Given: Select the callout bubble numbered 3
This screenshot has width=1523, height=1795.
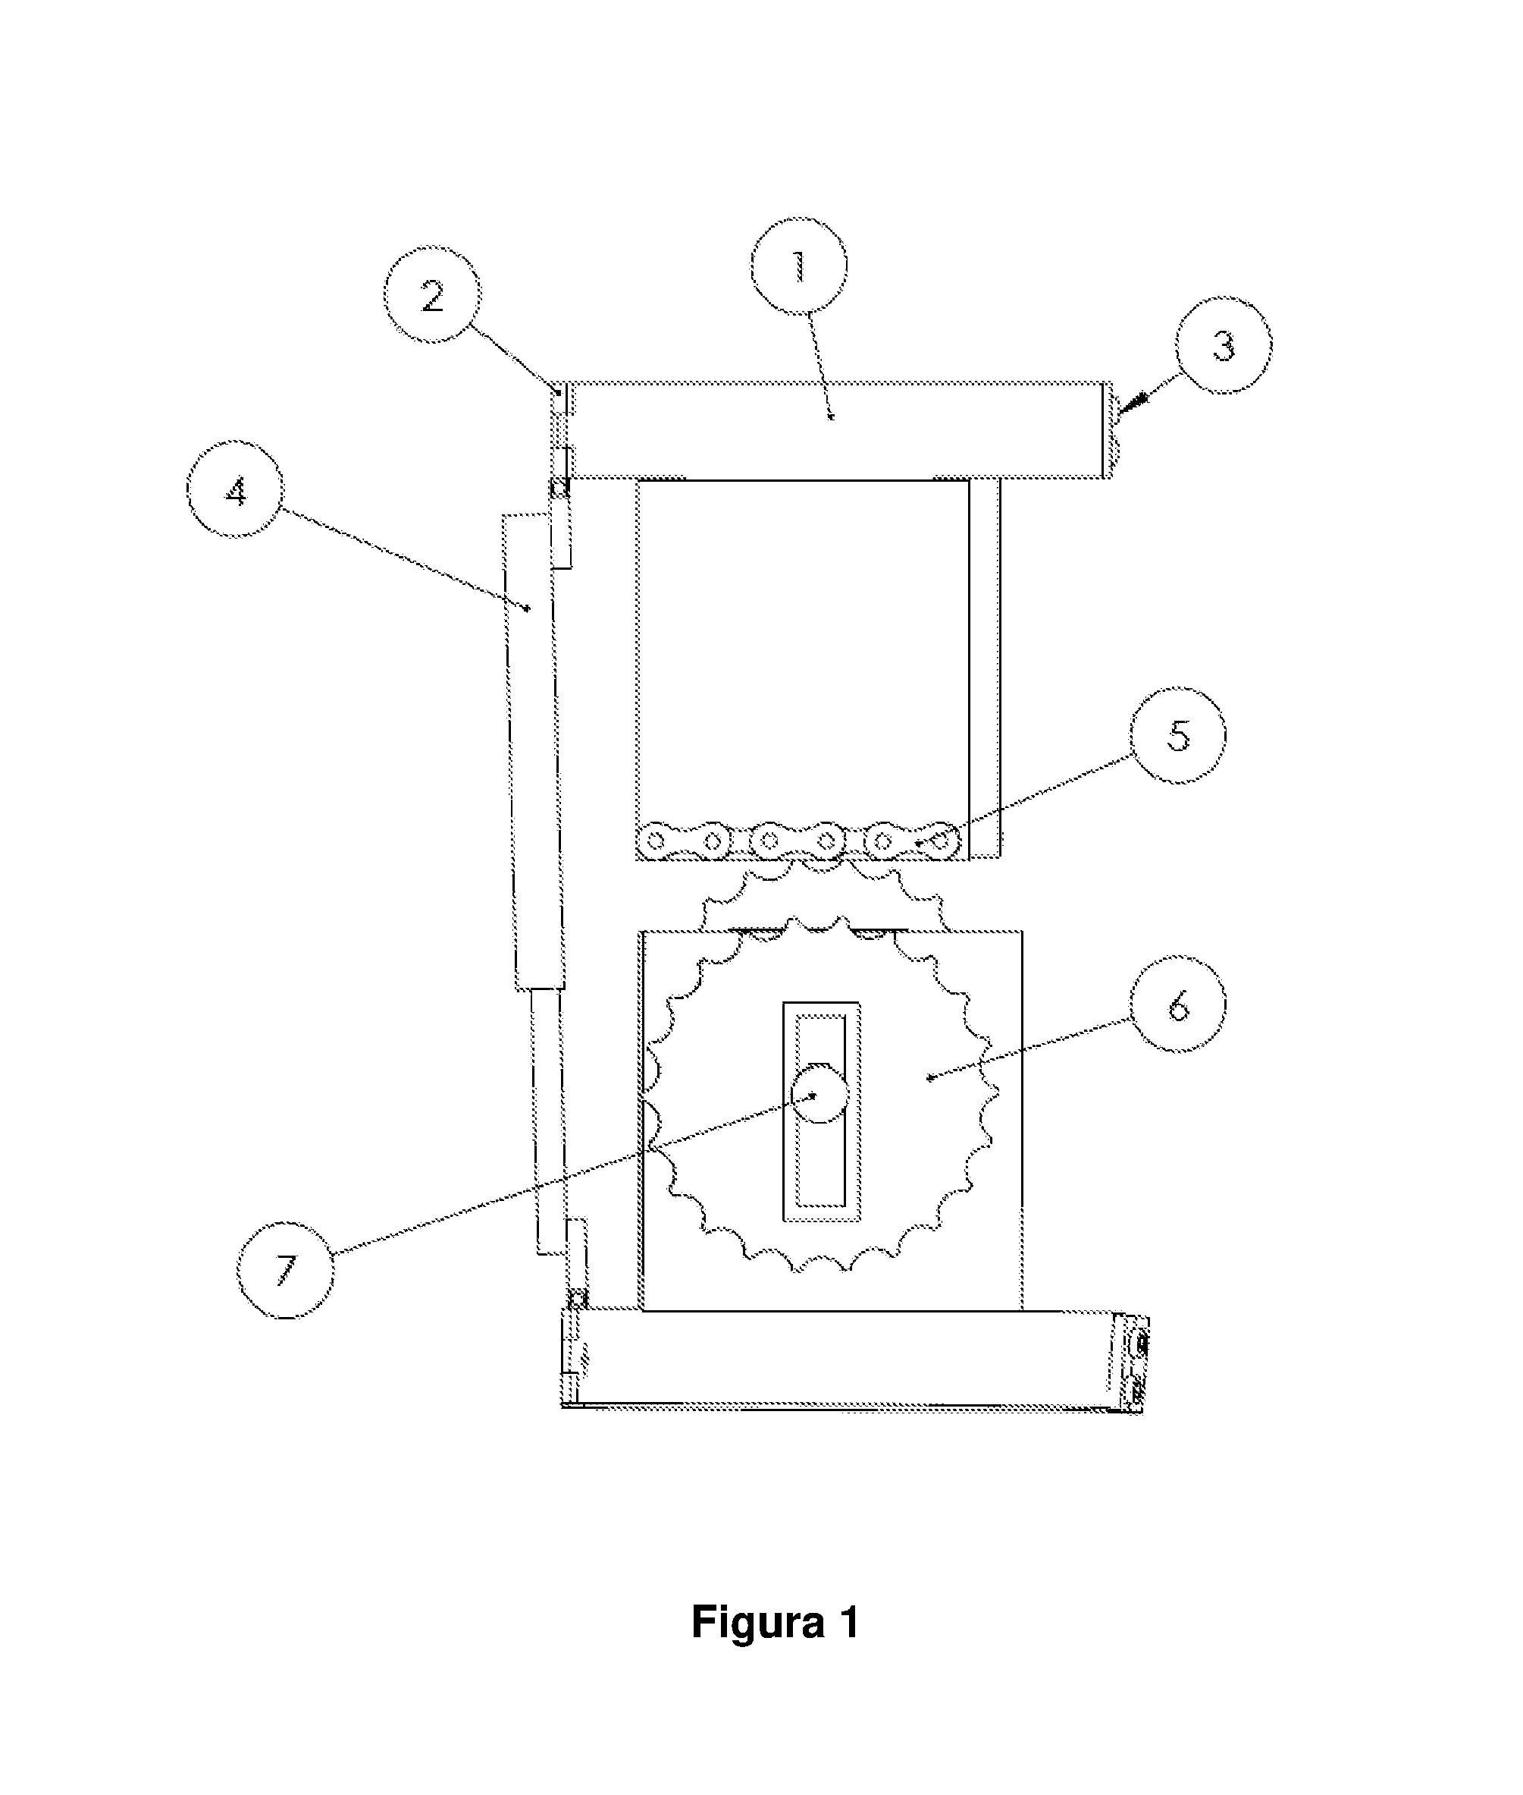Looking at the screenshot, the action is click(1224, 345).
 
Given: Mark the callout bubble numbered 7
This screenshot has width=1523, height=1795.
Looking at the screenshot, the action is click(286, 1270).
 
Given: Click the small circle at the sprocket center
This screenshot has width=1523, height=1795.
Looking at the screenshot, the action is click(820, 1093).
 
